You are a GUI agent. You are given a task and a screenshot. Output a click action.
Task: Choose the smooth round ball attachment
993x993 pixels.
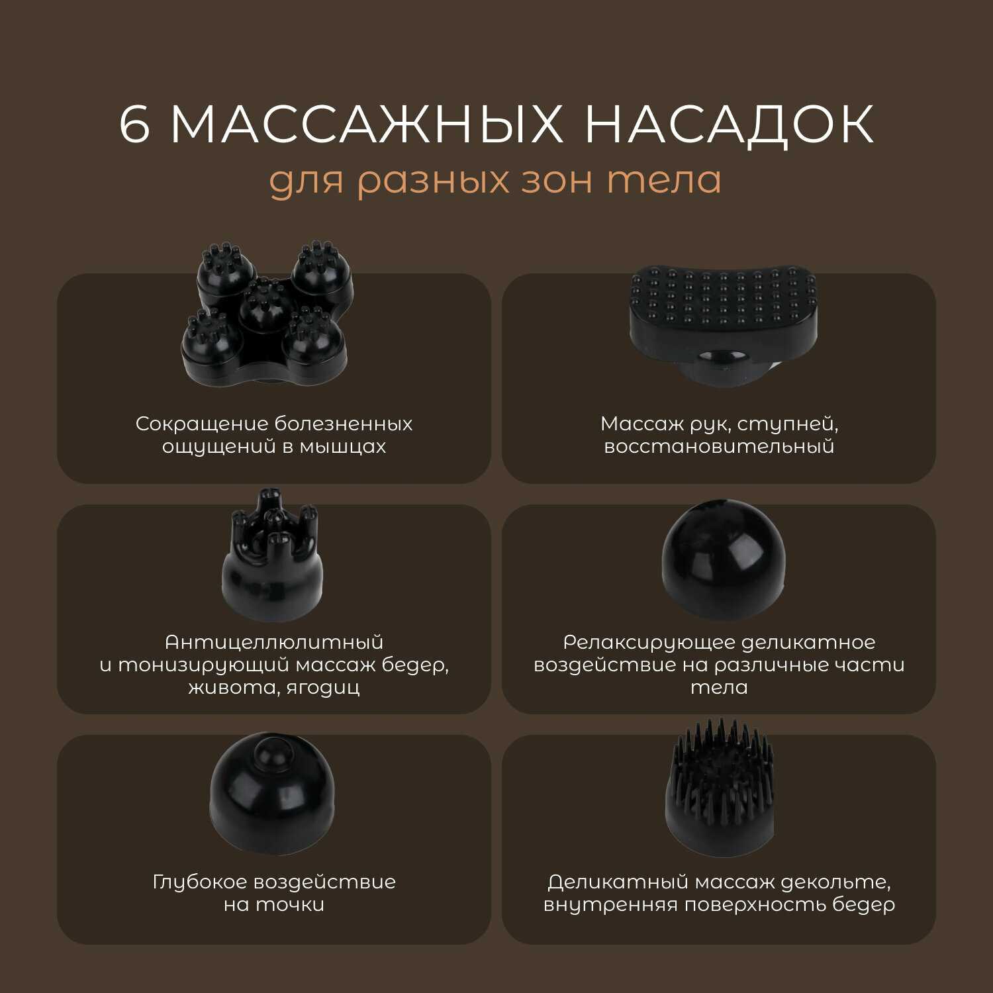point(724,560)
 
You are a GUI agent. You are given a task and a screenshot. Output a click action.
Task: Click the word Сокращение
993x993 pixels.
point(202,424)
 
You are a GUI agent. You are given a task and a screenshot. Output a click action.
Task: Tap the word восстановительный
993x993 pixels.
point(719,446)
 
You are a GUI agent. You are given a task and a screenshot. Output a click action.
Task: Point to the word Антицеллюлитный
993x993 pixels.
point(274,642)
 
